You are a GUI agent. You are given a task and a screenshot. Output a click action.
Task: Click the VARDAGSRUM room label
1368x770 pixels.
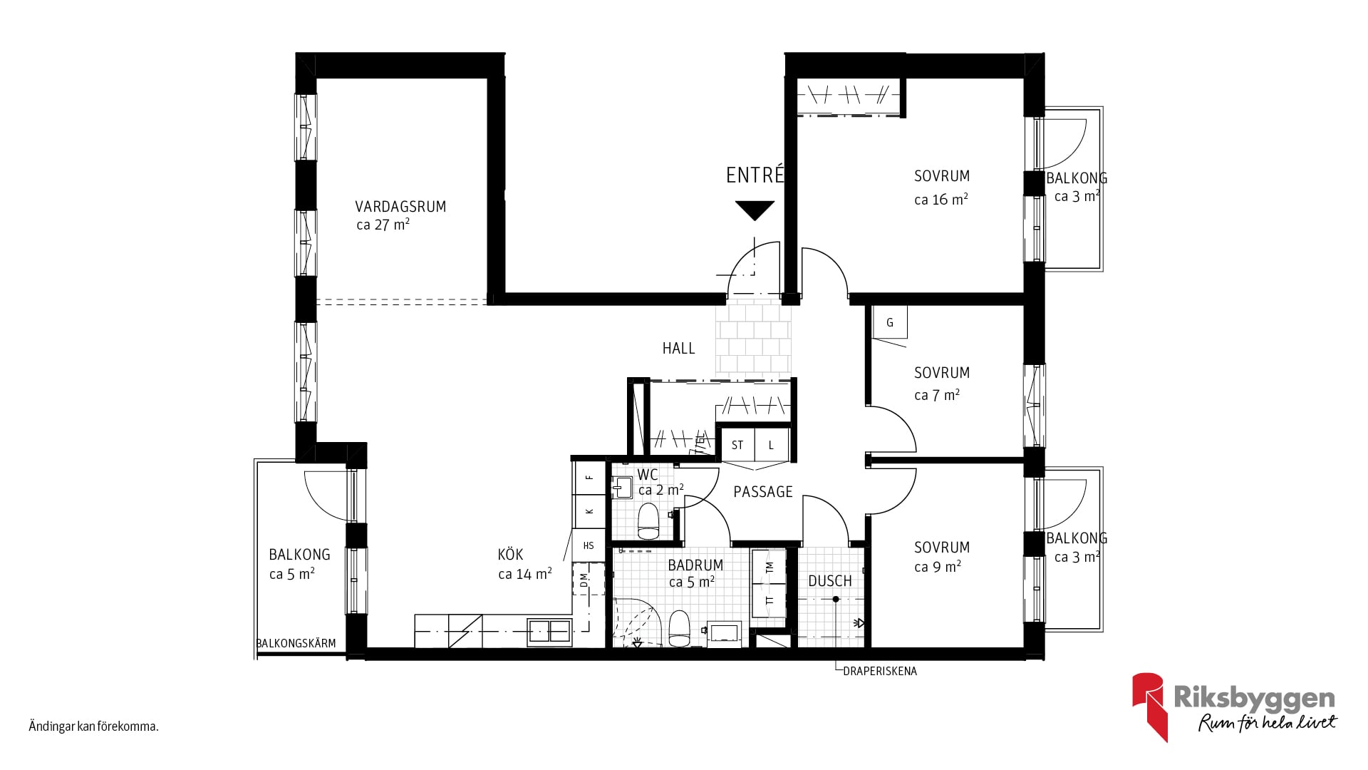400,207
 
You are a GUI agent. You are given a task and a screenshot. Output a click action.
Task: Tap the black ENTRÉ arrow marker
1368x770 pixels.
755,210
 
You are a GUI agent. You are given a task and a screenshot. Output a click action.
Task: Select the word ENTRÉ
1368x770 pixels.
755,175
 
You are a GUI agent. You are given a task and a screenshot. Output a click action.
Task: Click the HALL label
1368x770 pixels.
678,349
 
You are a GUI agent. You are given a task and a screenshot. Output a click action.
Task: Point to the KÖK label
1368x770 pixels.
510,554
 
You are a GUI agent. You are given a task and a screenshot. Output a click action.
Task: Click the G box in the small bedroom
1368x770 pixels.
890,322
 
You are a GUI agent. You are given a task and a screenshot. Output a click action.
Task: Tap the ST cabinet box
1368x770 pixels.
737,445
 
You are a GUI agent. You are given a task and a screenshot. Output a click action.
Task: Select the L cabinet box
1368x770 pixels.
772,445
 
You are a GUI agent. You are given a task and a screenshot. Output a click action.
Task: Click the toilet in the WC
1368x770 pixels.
648,521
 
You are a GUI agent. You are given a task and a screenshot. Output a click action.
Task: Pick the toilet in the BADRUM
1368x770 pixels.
679,628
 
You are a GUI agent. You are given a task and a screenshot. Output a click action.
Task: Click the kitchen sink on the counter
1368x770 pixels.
549,632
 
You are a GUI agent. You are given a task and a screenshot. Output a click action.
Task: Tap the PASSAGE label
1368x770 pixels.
763,492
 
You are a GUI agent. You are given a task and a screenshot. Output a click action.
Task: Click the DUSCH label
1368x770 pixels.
830,581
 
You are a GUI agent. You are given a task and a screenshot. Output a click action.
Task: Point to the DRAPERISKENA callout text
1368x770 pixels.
880,671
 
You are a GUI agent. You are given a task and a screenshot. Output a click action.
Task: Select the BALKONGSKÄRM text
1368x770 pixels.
296,643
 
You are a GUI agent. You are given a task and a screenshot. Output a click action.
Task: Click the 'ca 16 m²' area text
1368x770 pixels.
941,200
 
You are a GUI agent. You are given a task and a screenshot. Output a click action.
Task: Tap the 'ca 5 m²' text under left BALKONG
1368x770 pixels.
292,574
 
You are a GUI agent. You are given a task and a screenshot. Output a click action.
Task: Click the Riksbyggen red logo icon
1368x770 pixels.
1149,706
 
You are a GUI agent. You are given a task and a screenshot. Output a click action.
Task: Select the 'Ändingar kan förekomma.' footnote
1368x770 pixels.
93,727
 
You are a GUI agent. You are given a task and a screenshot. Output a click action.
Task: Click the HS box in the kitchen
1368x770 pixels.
589,546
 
